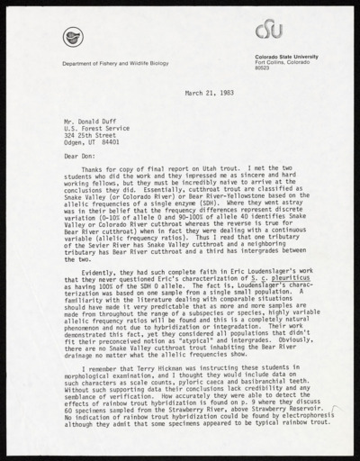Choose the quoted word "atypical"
pyautogui.click(x=199, y=338)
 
